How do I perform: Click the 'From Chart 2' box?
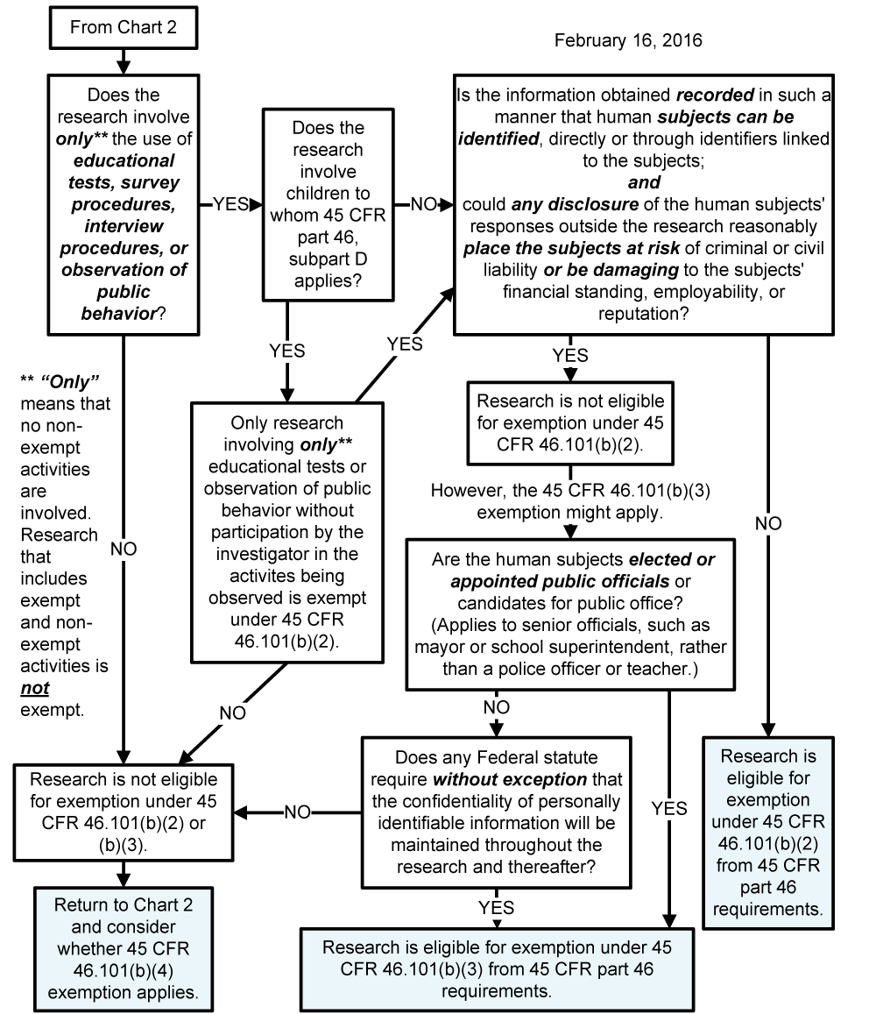(123, 28)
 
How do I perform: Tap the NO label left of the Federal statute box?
(297, 812)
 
